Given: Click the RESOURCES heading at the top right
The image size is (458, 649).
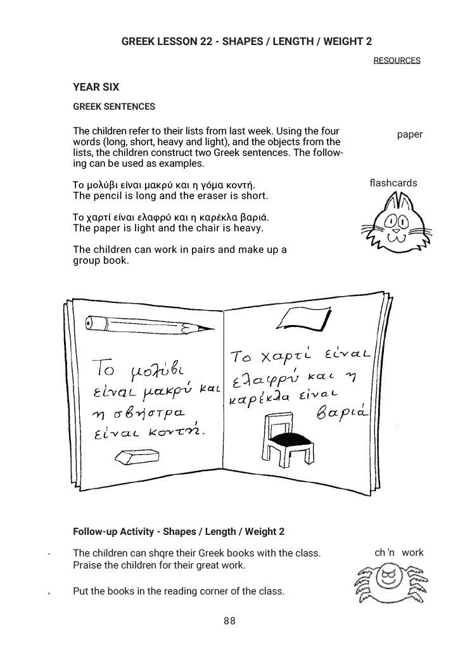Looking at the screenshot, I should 397,61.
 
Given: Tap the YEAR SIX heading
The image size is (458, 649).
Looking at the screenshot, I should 96,87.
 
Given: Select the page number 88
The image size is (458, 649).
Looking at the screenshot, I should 229,622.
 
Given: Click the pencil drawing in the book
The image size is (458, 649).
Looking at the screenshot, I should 146,324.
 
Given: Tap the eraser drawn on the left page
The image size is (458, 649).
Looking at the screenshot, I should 133,456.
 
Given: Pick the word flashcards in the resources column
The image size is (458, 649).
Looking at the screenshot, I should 393,183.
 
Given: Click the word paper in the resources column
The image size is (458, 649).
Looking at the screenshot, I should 410,134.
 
